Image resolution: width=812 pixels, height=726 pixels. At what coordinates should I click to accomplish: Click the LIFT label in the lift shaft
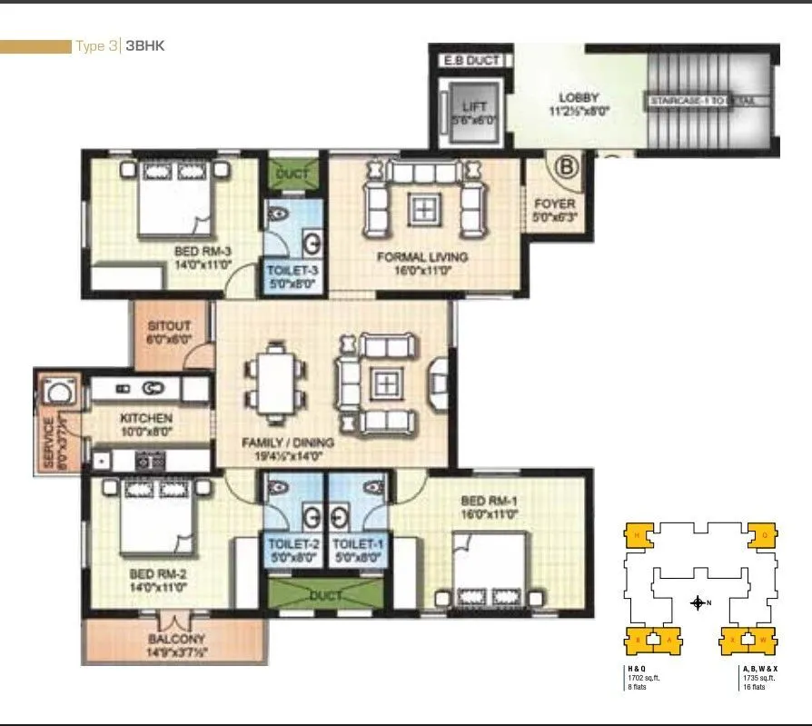[x=469, y=107]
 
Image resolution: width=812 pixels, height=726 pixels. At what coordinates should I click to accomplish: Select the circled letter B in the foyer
[x=566, y=167]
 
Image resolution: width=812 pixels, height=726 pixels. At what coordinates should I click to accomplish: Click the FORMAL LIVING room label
[x=422, y=257]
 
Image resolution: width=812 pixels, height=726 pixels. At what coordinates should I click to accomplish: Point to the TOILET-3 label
[x=292, y=271]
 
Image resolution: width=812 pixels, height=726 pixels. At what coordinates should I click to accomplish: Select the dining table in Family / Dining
[x=273, y=382]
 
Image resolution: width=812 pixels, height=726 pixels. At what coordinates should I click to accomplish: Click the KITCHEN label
[x=146, y=419]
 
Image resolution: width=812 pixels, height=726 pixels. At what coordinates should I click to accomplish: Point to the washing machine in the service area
[x=61, y=393]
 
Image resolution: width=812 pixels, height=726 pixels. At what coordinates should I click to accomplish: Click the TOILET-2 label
[x=292, y=544]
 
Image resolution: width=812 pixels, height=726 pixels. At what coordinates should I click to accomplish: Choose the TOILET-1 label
[x=356, y=544]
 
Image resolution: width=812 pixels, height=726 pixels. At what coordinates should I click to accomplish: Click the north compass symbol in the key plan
[x=698, y=602]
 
